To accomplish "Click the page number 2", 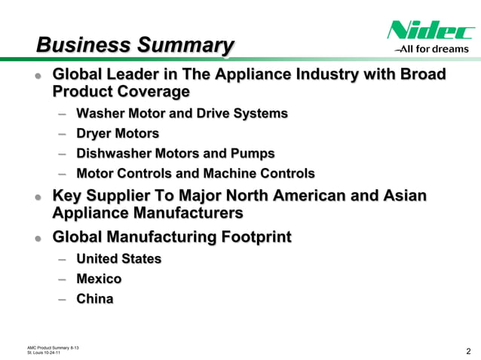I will (x=468, y=349).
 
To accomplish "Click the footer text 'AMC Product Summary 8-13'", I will (x=54, y=346).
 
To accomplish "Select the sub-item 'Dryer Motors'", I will (x=118, y=134).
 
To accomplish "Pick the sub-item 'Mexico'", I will (x=99, y=279).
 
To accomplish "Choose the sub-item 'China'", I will (x=94, y=299).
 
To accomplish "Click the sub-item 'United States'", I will (x=118, y=258).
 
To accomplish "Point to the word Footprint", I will (x=253, y=238).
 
